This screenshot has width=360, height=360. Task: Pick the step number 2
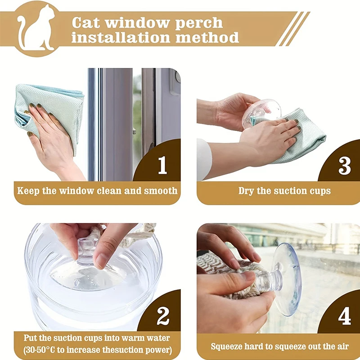[x=162, y=317]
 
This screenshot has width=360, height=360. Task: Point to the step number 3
[x=344, y=166]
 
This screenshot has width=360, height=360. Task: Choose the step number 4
[x=344, y=317]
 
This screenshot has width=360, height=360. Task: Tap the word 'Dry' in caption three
[x=246, y=190]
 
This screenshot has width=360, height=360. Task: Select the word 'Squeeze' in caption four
[x=229, y=346]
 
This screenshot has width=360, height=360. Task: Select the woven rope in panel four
[x=225, y=274]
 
